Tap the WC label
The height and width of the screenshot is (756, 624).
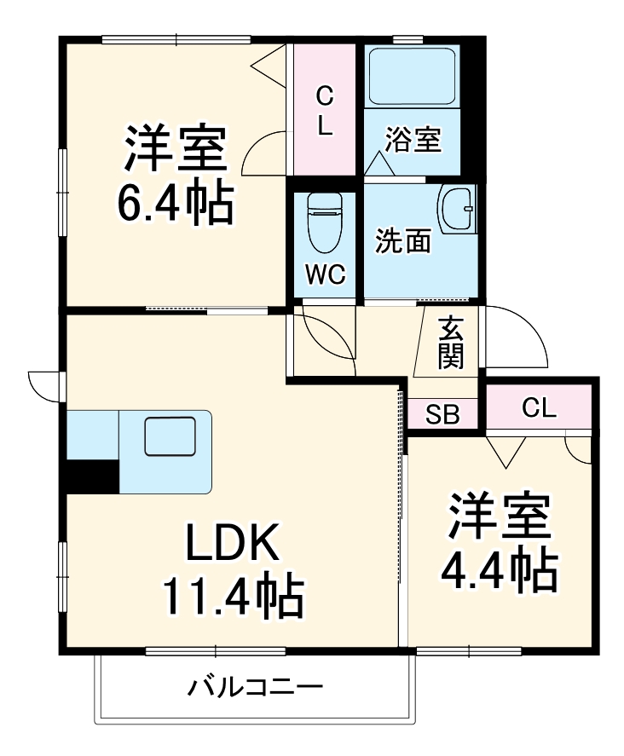pyautogui.click(x=325, y=274)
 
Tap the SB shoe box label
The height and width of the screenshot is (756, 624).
pyautogui.click(x=442, y=415)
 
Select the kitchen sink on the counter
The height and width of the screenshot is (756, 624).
pyautogui.click(x=170, y=437)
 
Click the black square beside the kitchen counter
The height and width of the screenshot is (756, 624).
pyautogui.click(x=92, y=476)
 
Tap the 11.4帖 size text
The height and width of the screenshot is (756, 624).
pyautogui.click(x=232, y=597)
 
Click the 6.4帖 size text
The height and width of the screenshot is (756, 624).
pyautogui.click(x=175, y=202)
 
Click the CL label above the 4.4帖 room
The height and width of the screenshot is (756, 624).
pyautogui.click(x=539, y=408)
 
